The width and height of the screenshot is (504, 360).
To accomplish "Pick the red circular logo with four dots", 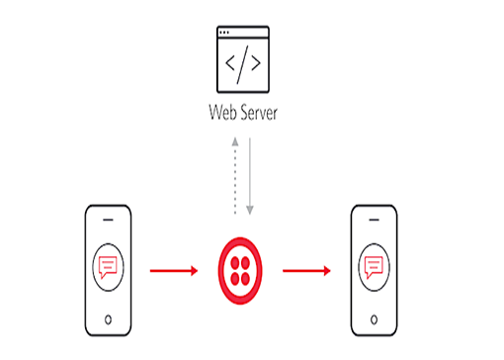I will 242,267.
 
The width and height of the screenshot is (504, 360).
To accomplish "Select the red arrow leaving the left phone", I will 172,267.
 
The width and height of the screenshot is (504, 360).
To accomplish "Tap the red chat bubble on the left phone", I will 107,266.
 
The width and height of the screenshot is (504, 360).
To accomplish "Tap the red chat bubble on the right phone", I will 374,266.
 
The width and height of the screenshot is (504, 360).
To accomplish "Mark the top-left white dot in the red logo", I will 235,260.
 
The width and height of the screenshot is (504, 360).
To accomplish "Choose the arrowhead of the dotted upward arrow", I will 234,141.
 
